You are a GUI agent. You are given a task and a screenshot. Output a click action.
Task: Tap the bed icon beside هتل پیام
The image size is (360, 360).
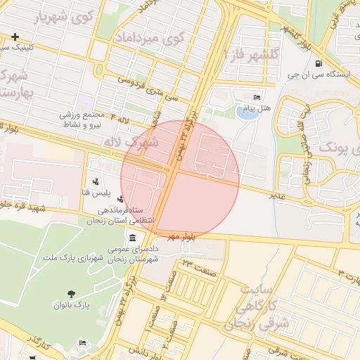tap(257, 97)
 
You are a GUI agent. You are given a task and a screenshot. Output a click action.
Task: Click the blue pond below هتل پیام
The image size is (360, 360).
tap(246, 112)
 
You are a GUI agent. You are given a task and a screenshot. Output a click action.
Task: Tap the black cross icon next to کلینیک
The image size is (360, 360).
tap(15, 37)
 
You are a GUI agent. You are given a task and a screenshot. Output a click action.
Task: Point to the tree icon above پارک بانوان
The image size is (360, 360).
tap(70, 294)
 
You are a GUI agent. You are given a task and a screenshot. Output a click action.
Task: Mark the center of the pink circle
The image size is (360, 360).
tap(180, 179)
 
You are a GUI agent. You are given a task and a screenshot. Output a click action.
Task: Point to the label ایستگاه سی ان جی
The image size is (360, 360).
tap(322, 74)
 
